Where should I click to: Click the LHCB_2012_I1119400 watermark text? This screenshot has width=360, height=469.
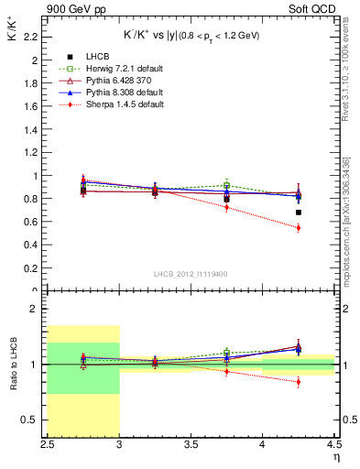click(192, 274)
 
